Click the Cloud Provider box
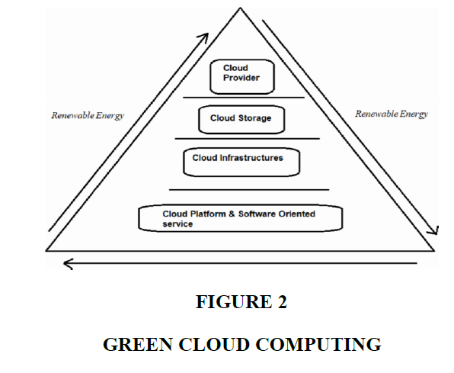pos(242,77)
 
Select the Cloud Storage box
pos(241,120)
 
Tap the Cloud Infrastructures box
pos(241,162)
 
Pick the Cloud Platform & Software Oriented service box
pos(240,218)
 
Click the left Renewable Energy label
pos(88,115)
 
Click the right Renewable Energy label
pos(392,114)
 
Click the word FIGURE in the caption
pos(234,301)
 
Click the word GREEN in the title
pos(138,344)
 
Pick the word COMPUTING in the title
pos(318,344)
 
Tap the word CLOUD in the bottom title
pos(214,344)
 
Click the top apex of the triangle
pos(240,8)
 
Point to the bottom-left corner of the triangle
pos(46,250)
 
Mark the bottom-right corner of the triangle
pos(434,251)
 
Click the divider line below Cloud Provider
pos(244,98)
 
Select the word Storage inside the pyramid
pos(254,118)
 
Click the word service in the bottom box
pos(177,224)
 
